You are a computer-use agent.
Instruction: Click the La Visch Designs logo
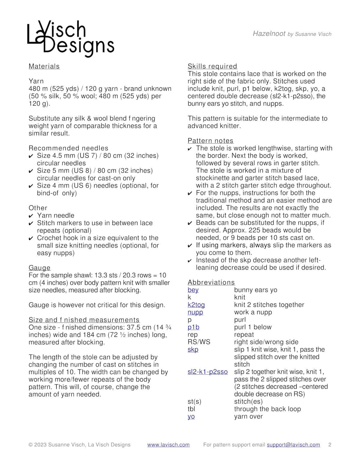(70, 38)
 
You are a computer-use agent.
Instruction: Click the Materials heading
(44, 66)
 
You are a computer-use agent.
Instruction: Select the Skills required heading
(212, 66)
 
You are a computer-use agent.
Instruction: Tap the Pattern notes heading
(210, 141)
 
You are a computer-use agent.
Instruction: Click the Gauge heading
(40, 268)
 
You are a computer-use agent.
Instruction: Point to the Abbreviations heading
(211, 282)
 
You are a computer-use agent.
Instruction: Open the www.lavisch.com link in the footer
(168, 445)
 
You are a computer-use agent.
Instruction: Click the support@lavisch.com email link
(293, 445)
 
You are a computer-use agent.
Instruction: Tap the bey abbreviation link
(193, 290)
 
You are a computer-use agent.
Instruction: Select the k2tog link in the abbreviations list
(196, 305)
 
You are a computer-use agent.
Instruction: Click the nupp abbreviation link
(195, 312)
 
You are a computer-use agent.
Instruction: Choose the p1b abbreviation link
(193, 327)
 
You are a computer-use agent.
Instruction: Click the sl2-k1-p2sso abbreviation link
(208, 372)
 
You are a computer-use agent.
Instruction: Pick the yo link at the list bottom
(191, 416)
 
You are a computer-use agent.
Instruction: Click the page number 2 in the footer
(330, 445)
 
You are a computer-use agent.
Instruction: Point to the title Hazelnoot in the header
(269, 34)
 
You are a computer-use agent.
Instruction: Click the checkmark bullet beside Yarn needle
(31, 216)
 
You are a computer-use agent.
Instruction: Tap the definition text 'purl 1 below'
(253, 327)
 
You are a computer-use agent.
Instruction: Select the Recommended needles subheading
(68, 148)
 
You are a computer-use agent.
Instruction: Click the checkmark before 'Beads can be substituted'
(190, 223)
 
